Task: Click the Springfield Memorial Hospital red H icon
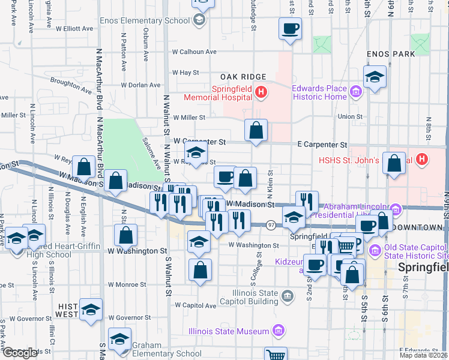pyautogui.click(x=261, y=92)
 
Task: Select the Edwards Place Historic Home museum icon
pyautogui.click(x=356, y=92)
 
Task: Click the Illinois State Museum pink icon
pyautogui.click(x=278, y=331)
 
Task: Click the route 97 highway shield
pyautogui.click(x=271, y=225)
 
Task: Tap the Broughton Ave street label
pyautogui.click(x=71, y=85)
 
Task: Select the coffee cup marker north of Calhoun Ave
pyautogui.click(x=290, y=29)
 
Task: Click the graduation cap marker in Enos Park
pyautogui.click(x=375, y=77)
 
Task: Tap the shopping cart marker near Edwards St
pyautogui.click(x=276, y=355)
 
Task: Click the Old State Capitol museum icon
pyautogui.click(x=375, y=250)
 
